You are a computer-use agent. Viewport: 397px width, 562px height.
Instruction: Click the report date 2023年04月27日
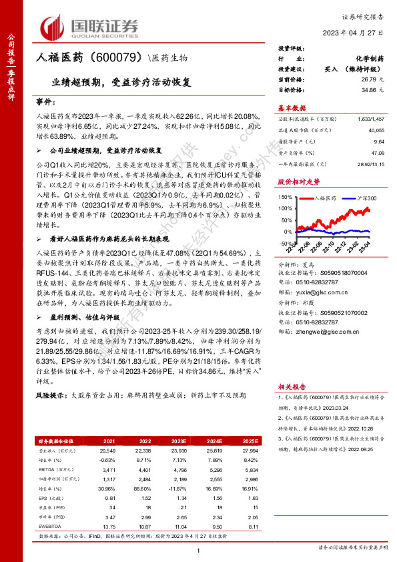pos(359,33)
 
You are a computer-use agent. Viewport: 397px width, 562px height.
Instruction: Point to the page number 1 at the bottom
pos(198,549)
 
